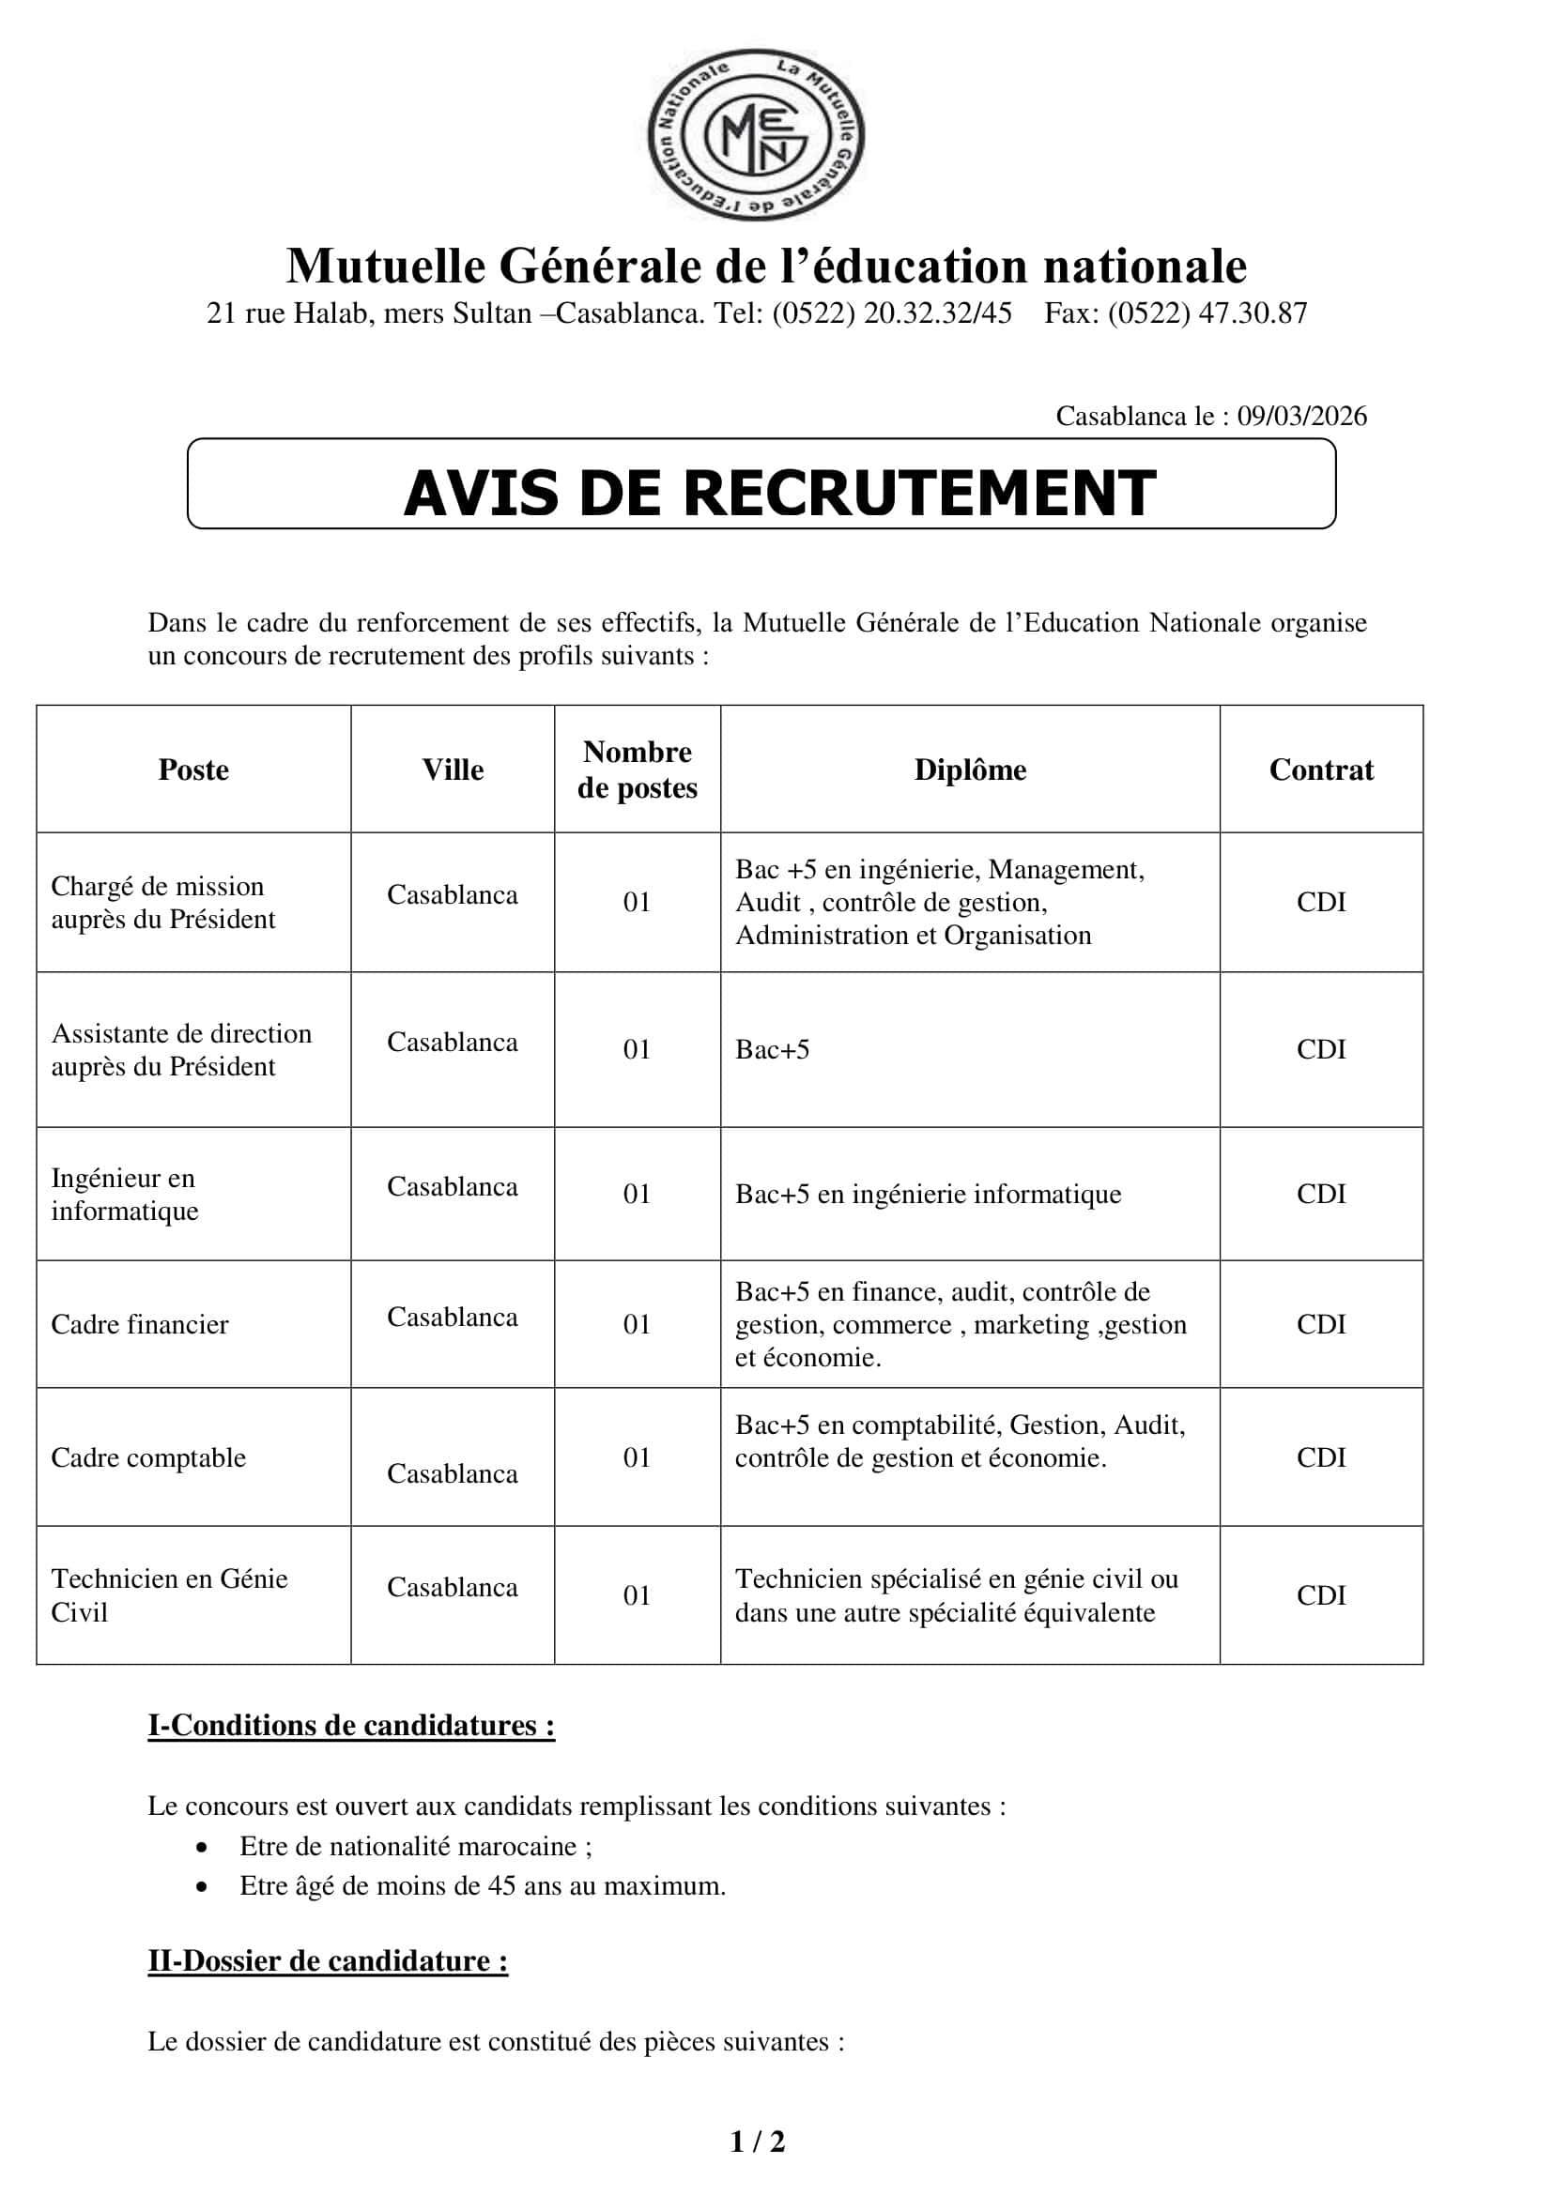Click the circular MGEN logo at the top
[x=756, y=135]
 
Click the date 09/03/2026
[x=1301, y=416]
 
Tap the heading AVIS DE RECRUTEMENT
[x=779, y=494]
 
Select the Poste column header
[x=193, y=770]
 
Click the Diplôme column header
[x=970, y=770]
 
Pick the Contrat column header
[x=1321, y=770]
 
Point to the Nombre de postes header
[x=637, y=770]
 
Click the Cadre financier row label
[x=140, y=1324]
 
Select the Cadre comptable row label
[x=148, y=1457]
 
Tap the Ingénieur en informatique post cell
[x=124, y=1194]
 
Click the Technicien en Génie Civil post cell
[x=169, y=1594]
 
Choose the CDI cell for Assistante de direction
[x=1321, y=1049]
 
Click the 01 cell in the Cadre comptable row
[x=637, y=1457]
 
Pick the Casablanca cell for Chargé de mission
[x=453, y=895]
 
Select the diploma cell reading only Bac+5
[x=773, y=1050]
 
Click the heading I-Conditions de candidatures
[x=351, y=1726]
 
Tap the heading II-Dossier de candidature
[x=327, y=1960]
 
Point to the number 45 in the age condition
[x=502, y=1885]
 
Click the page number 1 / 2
[x=758, y=2142]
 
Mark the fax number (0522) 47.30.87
[x=1207, y=313]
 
